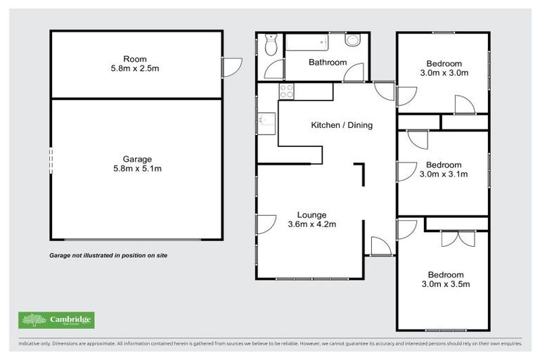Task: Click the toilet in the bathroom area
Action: [271, 46]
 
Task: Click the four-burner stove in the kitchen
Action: [287, 90]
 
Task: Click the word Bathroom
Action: [328, 63]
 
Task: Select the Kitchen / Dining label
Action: [342, 126]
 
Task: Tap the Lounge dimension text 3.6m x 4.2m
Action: [311, 225]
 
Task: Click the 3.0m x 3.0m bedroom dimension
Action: [444, 72]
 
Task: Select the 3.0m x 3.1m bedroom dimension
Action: [444, 174]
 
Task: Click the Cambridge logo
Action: [56, 320]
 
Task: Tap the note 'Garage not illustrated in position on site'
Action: [108, 256]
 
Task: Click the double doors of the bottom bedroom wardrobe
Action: [454, 238]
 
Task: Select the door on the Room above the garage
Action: [228, 67]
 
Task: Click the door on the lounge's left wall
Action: [265, 224]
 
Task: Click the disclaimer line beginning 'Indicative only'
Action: [270, 344]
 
